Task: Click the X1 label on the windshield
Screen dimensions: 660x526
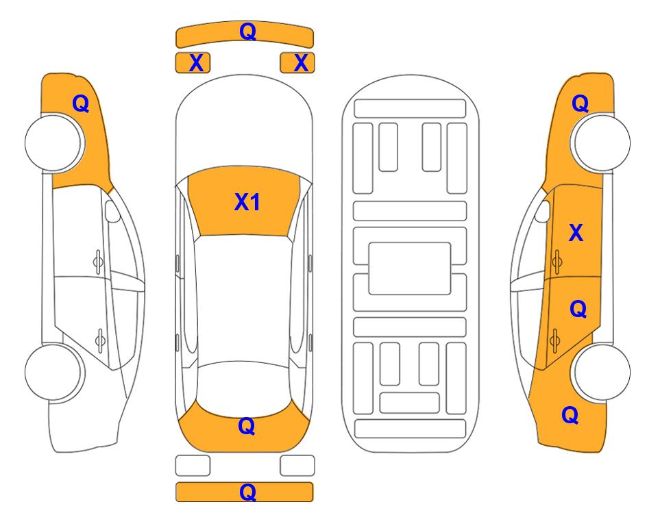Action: (247, 202)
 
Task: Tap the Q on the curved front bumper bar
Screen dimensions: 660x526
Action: (247, 32)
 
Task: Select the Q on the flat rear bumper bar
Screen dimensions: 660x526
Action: (247, 492)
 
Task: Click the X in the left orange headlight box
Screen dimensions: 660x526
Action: (196, 63)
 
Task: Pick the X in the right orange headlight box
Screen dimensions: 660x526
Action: (301, 63)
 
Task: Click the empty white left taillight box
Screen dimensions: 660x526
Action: (193, 466)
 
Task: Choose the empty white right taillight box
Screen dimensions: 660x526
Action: (297, 466)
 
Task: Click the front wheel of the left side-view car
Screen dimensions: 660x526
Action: (54, 143)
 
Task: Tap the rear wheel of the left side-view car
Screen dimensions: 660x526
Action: (54, 373)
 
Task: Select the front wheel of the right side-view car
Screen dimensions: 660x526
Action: (601, 143)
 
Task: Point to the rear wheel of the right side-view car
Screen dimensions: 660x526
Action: (601, 373)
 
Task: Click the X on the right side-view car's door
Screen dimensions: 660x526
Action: (576, 233)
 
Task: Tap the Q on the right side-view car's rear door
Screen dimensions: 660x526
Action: (578, 310)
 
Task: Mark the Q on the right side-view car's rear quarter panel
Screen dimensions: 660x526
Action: (570, 415)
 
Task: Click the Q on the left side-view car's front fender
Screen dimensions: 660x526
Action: (81, 103)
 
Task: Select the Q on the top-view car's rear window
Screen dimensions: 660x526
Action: (247, 426)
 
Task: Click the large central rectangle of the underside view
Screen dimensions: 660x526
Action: (410, 268)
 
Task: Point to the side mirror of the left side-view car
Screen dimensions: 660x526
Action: (112, 211)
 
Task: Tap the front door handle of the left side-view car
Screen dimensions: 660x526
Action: (98, 262)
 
